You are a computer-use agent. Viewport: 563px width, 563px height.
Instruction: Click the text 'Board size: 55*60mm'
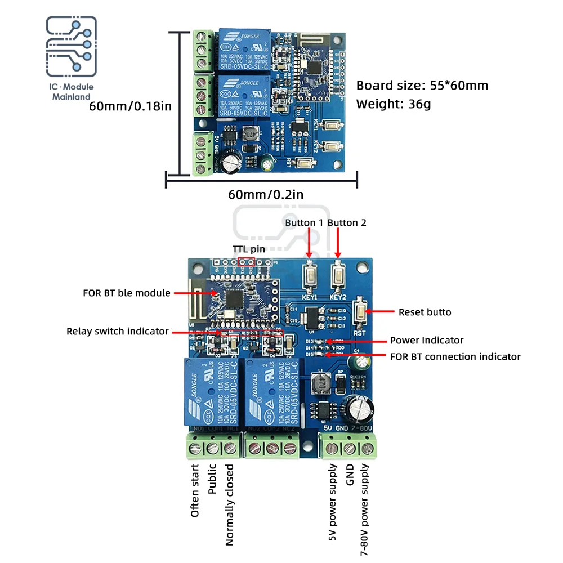pos(422,86)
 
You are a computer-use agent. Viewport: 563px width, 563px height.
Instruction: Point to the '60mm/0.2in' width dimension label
pos(266,195)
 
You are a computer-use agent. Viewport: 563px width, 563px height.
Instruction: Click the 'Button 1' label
pos(304,222)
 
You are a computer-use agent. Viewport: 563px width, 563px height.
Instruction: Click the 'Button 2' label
pos(347,222)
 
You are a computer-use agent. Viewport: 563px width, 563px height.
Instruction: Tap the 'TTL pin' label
pos(249,249)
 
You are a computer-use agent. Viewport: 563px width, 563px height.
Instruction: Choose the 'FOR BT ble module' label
pos(127,293)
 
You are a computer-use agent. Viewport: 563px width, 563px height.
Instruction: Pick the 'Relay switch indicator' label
pos(118,331)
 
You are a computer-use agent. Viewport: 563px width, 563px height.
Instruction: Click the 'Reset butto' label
pos(425,312)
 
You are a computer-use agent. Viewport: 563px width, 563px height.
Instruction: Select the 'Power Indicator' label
pos(427,340)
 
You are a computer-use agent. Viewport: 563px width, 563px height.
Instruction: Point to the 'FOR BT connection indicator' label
pos(455,356)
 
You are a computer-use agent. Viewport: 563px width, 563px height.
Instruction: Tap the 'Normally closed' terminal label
pos(229,505)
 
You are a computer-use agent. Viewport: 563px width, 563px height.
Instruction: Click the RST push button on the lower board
pos(359,313)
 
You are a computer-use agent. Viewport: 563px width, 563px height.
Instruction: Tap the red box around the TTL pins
pos(247,262)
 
